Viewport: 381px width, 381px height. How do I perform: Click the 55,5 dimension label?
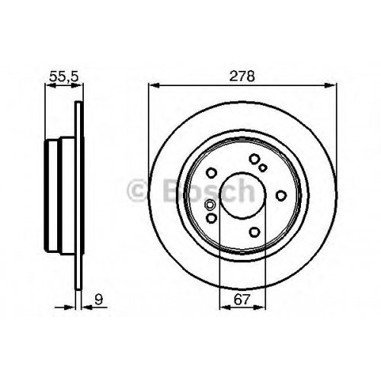point(64,76)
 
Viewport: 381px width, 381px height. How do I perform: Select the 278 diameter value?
point(242,76)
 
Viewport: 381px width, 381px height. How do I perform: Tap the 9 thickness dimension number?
point(98,300)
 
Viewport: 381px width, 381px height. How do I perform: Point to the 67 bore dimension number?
point(242,300)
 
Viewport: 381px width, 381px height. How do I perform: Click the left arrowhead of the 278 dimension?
point(154,85)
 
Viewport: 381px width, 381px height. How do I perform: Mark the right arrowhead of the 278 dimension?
point(331,85)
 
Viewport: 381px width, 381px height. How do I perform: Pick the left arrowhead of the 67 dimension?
point(225,308)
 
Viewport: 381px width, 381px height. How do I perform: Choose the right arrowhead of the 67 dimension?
point(260,308)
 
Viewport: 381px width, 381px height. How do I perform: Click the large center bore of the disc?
point(242,195)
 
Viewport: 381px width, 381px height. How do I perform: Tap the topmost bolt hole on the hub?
point(254,159)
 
